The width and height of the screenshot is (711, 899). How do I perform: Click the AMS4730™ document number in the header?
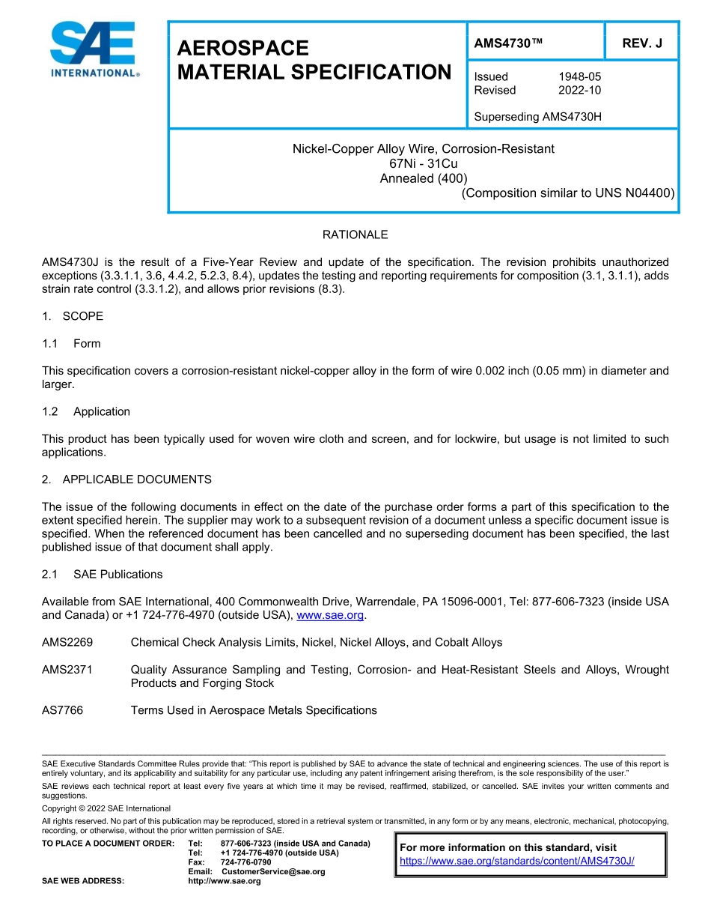click(x=508, y=43)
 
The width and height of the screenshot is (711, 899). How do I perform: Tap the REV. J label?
click(x=642, y=43)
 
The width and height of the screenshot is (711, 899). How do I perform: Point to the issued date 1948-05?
click(x=579, y=76)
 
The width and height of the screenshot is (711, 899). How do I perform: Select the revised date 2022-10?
click(x=579, y=90)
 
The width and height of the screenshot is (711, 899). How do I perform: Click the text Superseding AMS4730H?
click(x=538, y=117)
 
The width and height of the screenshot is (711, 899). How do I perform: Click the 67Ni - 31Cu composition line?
click(x=423, y=163)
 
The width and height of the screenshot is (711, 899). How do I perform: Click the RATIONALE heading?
click(x=355, y=234)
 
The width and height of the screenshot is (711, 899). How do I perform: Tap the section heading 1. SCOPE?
click(x=73, y=316)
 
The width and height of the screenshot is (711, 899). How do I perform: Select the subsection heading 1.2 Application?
click(x=86, y=411)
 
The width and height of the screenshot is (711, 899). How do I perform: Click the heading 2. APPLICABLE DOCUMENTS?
click(x=126, y=479)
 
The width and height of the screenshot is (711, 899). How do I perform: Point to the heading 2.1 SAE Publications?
click(x=102, y=575)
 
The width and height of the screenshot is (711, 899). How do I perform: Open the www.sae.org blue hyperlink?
click(x=330, y=615)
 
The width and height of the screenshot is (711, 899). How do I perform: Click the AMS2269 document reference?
click(x=67, y=642)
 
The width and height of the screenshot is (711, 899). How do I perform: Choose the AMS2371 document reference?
click(x=67, y=670)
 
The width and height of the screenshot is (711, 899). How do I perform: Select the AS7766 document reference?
click(x=62, y=710)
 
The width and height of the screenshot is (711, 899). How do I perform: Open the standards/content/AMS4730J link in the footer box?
click(x=516, y=861)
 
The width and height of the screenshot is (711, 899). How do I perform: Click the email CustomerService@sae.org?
click(x=273, y=871)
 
